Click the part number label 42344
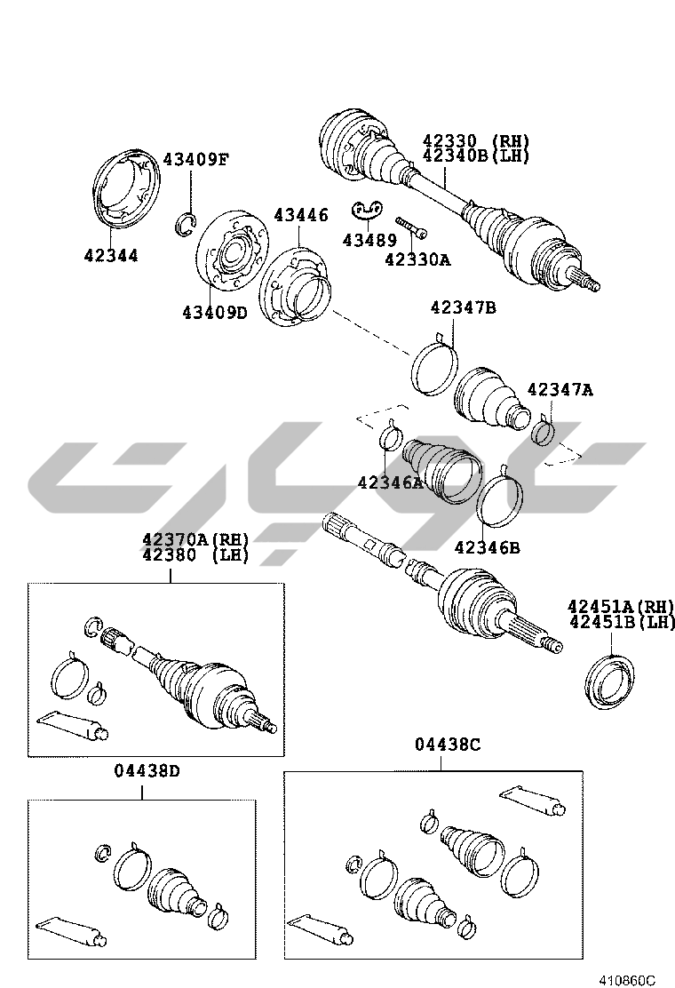111,256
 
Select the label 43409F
195,160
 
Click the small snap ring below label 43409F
186,224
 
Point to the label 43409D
214,313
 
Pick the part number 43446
300,215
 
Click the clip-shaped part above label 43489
367,210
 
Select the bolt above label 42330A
409,227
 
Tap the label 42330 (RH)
475,141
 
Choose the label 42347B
463,308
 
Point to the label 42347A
560,389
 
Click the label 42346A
391,482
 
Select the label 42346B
487,547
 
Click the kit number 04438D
147,770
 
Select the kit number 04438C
448,745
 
